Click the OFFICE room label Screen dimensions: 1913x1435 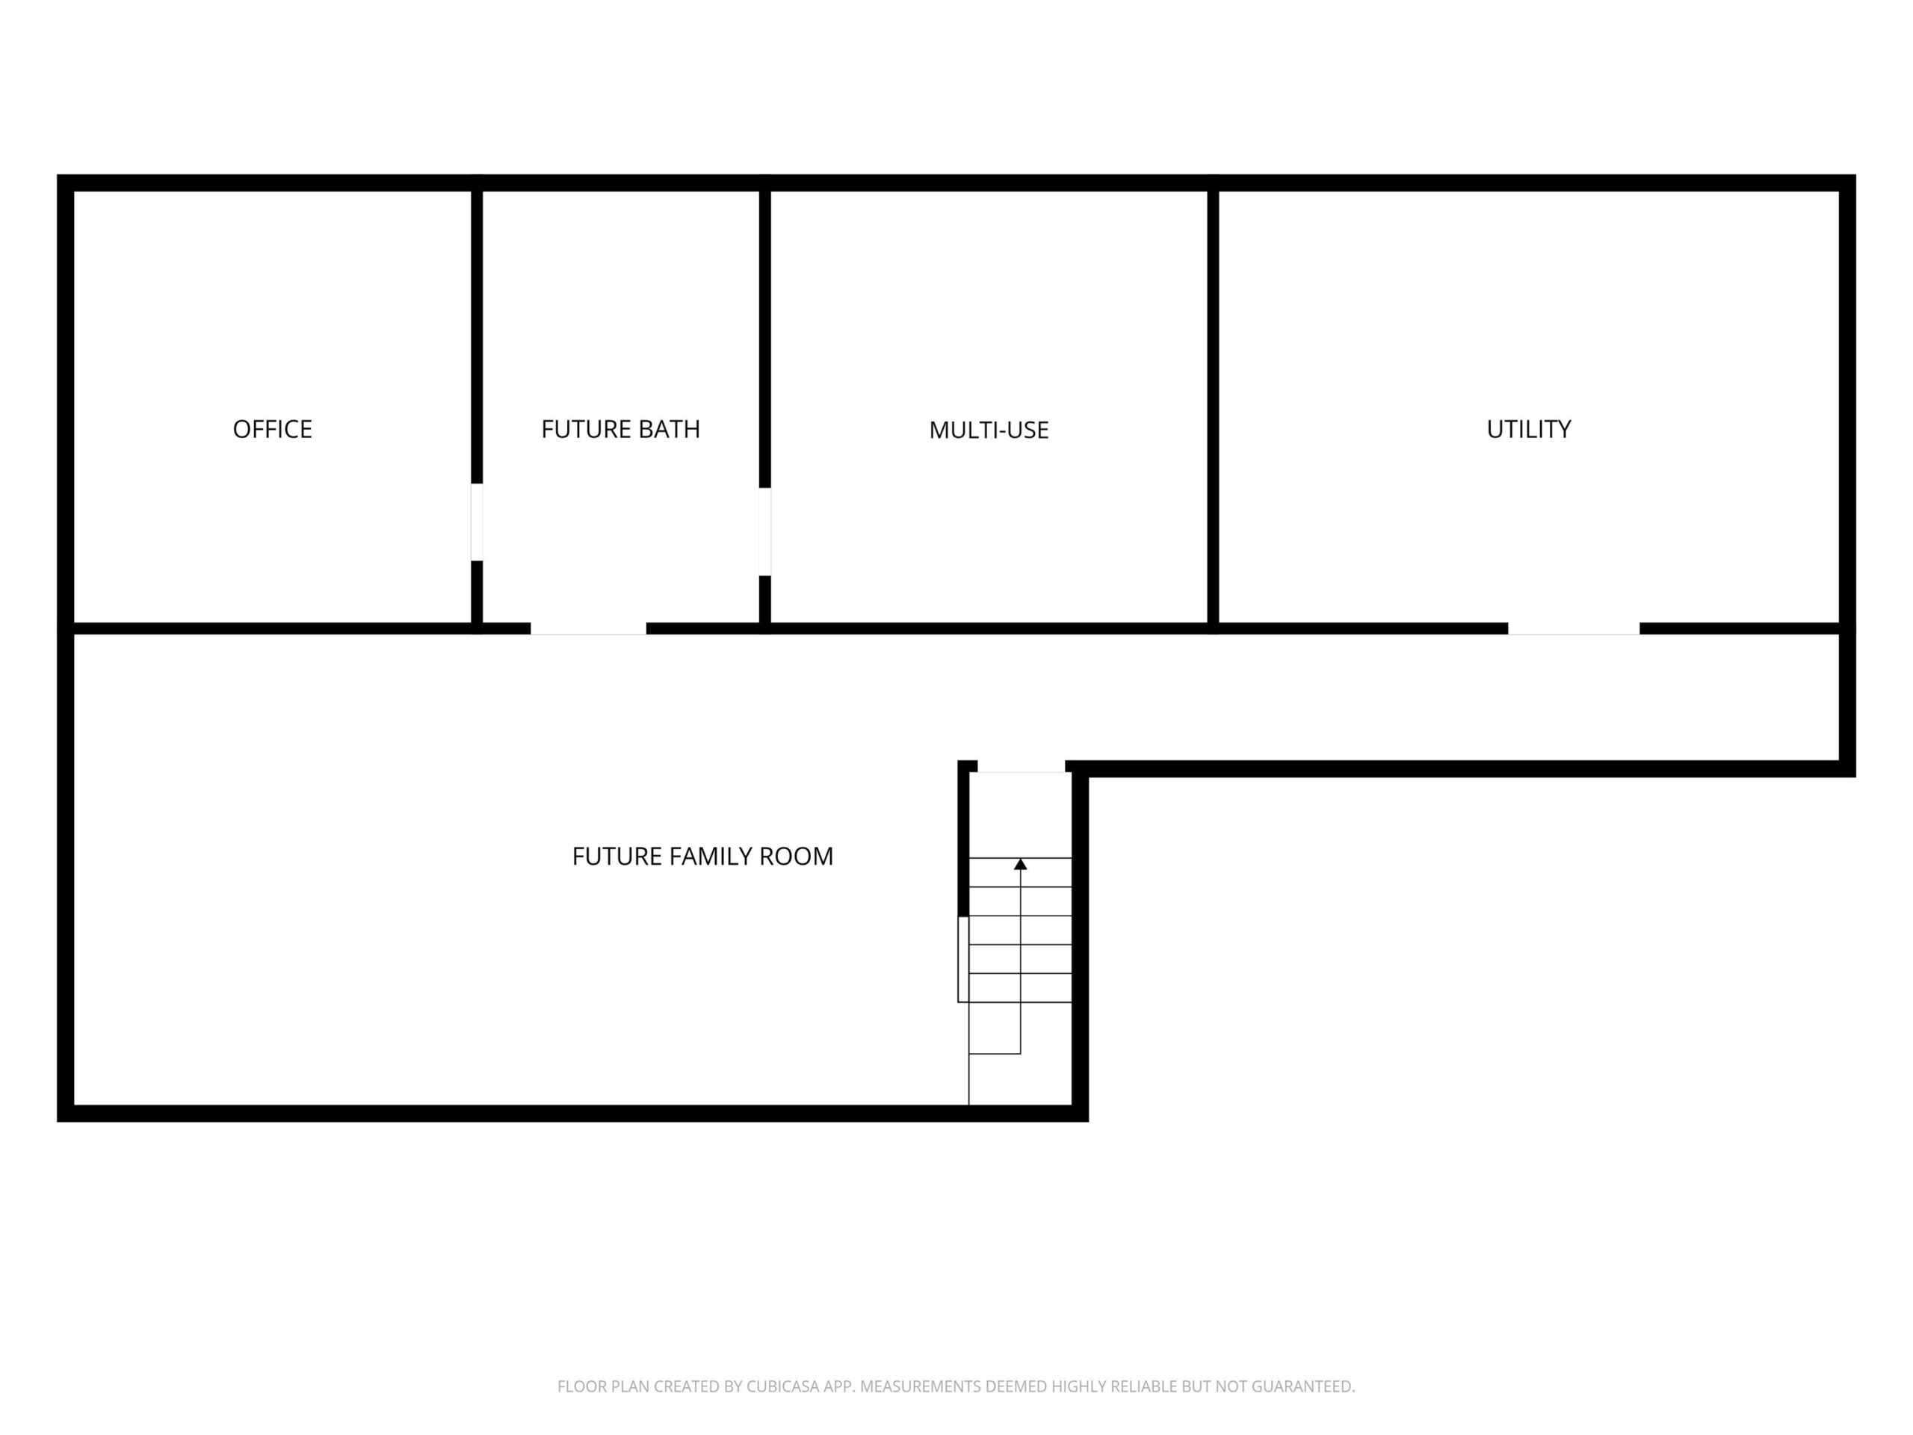coord(273,429)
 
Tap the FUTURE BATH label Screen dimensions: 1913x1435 coord(620,429)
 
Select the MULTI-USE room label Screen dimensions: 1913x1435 coord(989,430)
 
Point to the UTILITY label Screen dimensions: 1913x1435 coord(1528,429)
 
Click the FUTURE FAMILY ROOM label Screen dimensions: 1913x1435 coord(702,857)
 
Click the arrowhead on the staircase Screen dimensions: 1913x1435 coord(1021,864)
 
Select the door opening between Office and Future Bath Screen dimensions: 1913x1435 coord(477,522)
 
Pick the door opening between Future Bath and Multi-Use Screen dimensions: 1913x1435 coord(764,532)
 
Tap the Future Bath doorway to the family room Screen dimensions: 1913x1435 coord(588,629)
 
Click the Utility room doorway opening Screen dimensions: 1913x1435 coord(1573,629)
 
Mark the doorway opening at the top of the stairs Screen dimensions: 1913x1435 coord(1021,766)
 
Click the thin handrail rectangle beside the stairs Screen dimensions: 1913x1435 coord(962,959)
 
